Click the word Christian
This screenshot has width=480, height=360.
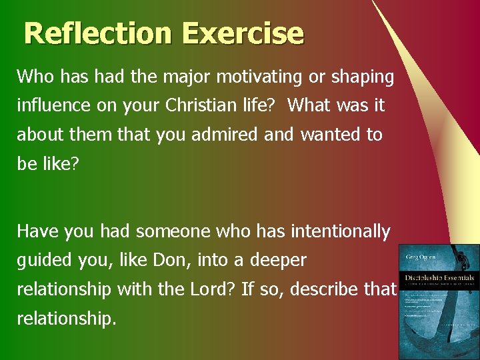coord(212,105)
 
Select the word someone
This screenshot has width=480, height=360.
coord(172,231)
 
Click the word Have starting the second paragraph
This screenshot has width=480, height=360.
coord(37,231)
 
